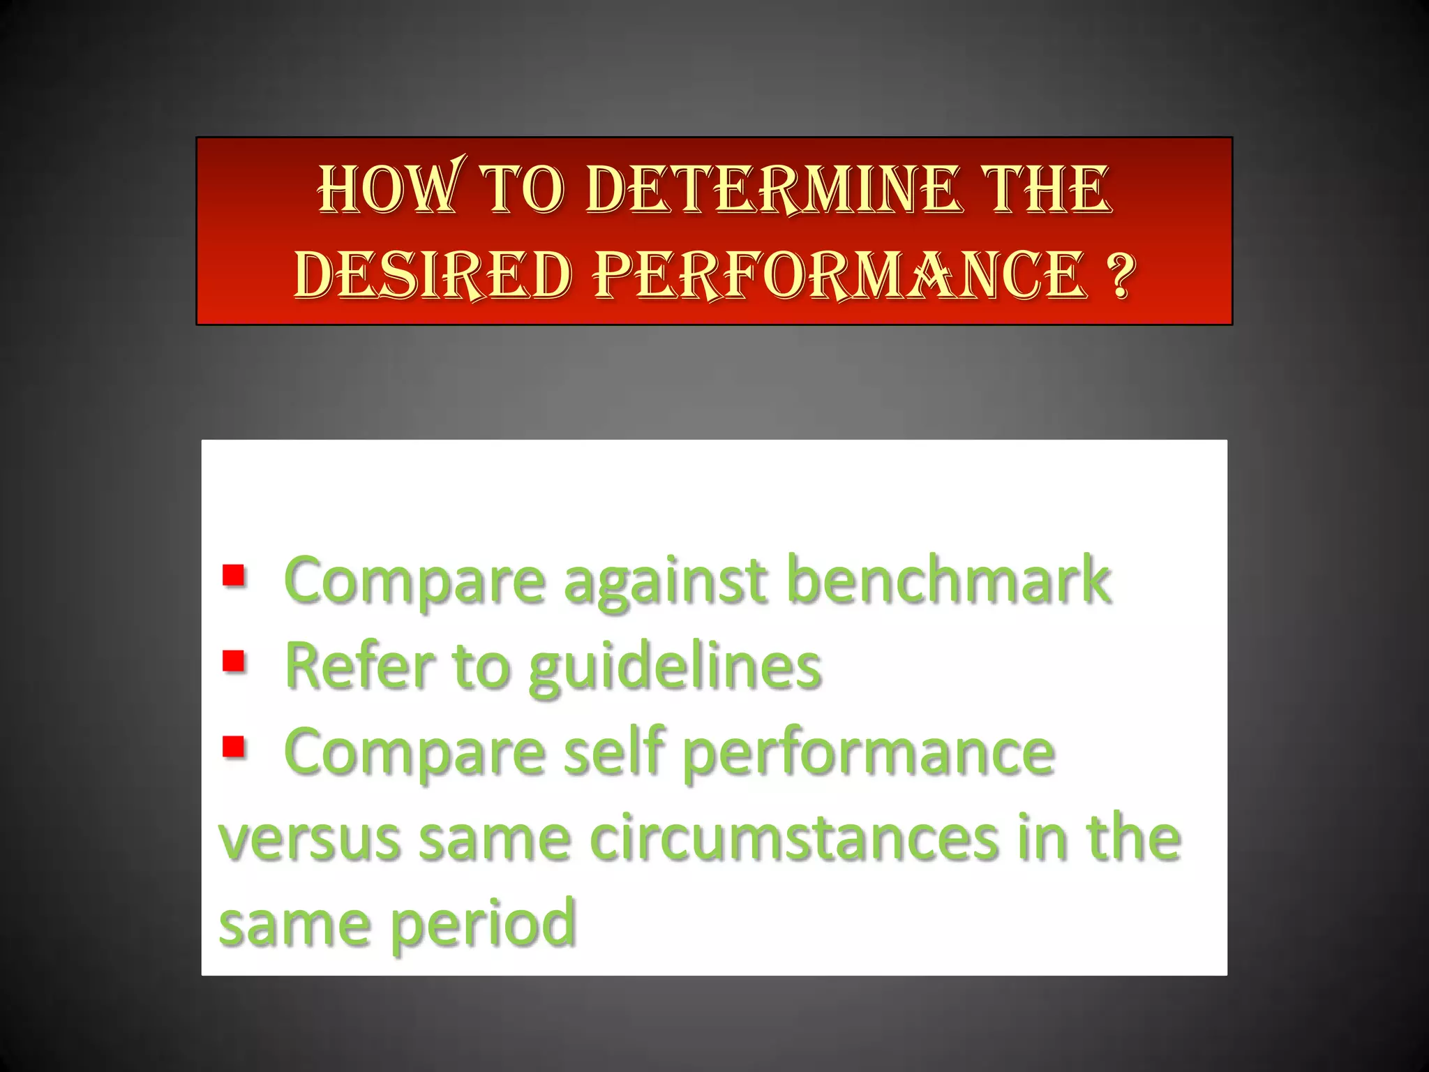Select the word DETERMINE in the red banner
[x=772, y=190]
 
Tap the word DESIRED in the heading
[x=433, y=275]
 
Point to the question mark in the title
[x=1120, y=275]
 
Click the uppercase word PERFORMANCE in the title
[x=841, y=275]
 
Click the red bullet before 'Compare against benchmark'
[x=234, y=576]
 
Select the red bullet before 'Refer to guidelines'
[x=234, y=660]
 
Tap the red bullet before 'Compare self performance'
[x=234, y=746]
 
